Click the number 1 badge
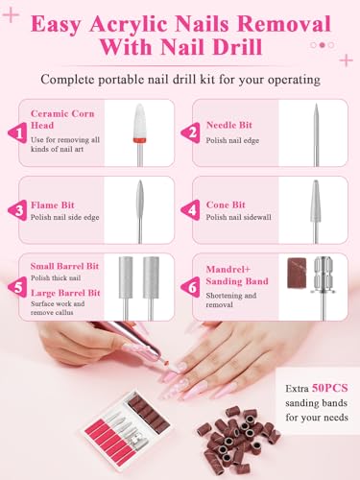pos(18,132)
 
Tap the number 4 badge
pos(191,209)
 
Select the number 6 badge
pos(191,287)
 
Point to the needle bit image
pos(316,134)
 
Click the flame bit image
pos(140,211)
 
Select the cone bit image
pos(316,211)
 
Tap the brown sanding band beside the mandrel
pos(297,273)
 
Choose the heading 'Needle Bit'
pos(229,125)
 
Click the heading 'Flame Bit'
pos(53,204)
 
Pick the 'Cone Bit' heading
pos(226,204)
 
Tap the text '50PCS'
pos(330,388)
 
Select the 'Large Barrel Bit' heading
pos(65,293)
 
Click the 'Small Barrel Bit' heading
pos(64,266)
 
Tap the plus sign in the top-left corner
pos(11,15)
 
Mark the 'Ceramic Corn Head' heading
pos(62,119)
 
